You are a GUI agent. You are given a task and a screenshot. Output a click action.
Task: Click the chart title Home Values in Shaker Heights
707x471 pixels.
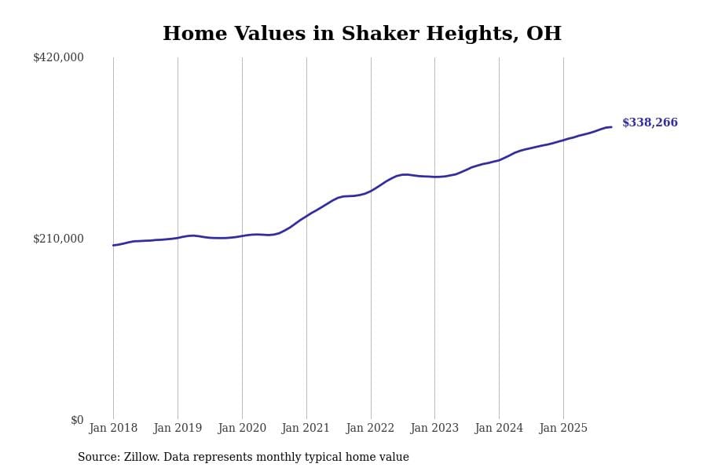click(x=361, y=35)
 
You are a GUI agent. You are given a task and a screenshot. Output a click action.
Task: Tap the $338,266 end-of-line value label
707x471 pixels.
click(x=650, y=123)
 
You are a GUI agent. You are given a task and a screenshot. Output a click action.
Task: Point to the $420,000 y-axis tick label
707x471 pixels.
click(x=58, y=57)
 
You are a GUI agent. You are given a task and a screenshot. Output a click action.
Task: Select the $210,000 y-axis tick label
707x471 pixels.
click(x=58, y=239)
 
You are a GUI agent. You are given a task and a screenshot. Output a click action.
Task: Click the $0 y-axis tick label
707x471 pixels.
click(x=77, y=420)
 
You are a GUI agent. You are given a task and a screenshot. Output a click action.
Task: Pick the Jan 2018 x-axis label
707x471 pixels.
click(x=113, y=429)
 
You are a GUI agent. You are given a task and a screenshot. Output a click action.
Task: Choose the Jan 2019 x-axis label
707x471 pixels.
click(x=178, y=429)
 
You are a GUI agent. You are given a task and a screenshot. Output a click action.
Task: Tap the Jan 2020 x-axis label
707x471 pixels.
click(x=242, y=429)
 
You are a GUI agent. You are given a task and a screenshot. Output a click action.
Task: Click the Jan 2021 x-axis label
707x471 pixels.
click(x=306, y=429)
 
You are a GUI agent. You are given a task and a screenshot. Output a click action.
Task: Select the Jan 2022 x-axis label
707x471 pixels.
click(x=371, y=429)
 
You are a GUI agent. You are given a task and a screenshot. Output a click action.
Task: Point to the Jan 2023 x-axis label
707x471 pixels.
click(x=434, y=429)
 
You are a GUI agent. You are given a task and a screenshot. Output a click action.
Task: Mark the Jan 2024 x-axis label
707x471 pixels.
click(x=499, y=429)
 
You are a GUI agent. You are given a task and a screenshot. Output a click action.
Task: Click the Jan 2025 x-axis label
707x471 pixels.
click(x=563, y=429)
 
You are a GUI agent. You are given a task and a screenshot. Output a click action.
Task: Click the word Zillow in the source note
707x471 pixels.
click(x=143, y=458)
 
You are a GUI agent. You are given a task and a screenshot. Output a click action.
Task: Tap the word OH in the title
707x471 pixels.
click(x=544, y=35)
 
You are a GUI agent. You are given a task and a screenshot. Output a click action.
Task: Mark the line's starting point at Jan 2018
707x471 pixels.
click(x=113, y=246)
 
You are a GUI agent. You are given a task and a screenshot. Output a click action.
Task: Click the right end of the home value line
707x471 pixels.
click(x=611, y=127)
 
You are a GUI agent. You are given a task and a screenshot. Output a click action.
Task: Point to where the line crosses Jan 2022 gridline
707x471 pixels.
click(x=371, y=191)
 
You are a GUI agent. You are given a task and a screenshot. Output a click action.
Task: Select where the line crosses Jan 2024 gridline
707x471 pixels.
click(x=499, y=160)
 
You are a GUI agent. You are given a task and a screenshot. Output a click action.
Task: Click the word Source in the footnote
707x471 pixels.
click(x=98, y=458)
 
